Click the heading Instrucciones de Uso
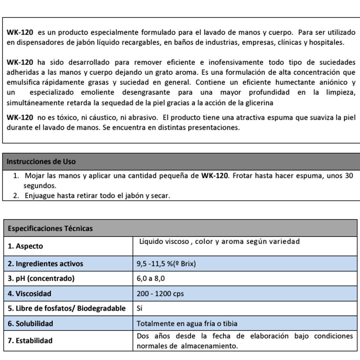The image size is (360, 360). point(41,162)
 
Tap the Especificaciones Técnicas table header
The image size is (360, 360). point(50,229)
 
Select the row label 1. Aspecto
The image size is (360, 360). point(25,246)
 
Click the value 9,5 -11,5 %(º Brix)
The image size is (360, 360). point(166,264)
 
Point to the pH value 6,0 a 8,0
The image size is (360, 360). point(151,278)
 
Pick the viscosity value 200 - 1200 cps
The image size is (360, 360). point(160,294)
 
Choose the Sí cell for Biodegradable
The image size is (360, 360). point(139,308)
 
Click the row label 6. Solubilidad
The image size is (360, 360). point(30,324)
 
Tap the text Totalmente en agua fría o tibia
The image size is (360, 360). point(187,324)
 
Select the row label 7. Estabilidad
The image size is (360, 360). point(30,341)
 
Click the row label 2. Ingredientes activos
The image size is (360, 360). point(45,264)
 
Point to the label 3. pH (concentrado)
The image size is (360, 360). point(41,278)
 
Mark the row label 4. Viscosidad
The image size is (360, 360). point(29,294)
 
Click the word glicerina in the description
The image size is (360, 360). point(259,103)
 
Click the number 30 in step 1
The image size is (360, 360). point(349,175)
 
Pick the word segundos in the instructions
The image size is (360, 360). point(40,186)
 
